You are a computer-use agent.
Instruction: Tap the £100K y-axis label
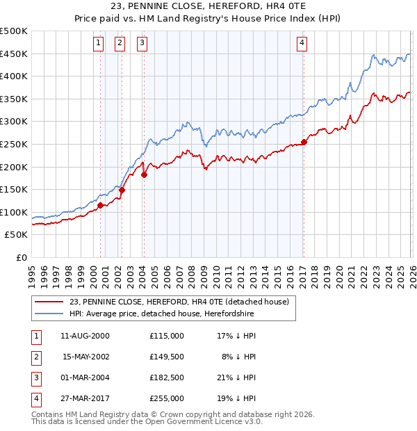pyautogui.click(x=14, y=212)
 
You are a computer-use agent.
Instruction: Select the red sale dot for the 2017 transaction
pyautogui.click(x=304, y=143)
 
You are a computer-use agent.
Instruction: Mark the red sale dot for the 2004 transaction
pyautogui.click(x=145, y=175)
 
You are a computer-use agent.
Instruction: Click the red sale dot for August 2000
pyautogui.click(x=101, y=205)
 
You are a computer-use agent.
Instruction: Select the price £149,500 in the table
pyautogui.click(x=166, y=357)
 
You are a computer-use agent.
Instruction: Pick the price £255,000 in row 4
pyautogui.click(x=166, y=398)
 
